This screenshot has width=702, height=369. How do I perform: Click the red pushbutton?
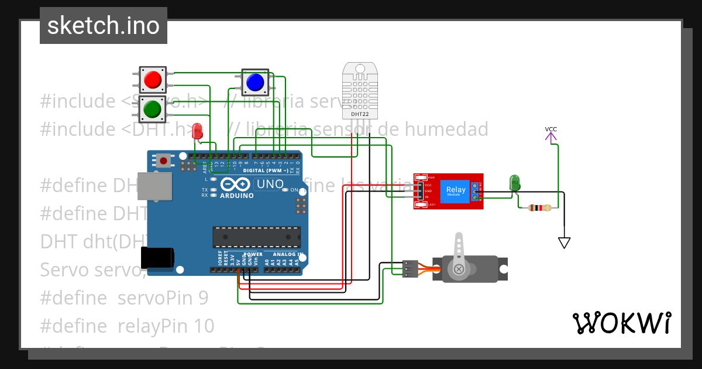[153, 79]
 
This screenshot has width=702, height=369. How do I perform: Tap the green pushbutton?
[153, 109]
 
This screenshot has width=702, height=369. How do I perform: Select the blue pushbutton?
[255, 83]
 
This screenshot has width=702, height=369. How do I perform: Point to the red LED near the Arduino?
[198, 131]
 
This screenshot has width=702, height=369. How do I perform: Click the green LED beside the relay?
[515, 182]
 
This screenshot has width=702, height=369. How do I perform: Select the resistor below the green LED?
[539, 207]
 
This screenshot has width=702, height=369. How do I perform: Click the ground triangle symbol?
[564, 242]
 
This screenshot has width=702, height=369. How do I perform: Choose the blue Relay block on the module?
[456, 190]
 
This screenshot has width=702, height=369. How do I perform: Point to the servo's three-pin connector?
[410, 269]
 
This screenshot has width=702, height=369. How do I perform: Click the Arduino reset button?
[164, 159]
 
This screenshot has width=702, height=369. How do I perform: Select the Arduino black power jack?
[157, 258]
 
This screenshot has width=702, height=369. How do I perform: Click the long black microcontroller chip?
[256, 237]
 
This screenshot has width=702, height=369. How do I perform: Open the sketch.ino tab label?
[104, 26]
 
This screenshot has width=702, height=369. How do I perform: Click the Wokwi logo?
[621, 323]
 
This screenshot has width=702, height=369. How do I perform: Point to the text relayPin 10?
[166, 326]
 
